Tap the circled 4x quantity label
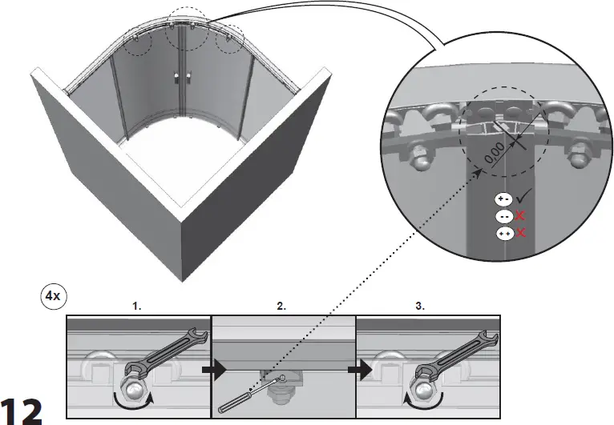point(52,295)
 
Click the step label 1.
point(137,306)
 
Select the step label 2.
point(281,306)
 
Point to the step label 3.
point(421,306)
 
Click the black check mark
point(525,196)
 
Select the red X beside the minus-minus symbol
point(520,216)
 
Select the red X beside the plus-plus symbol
point(520,233)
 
